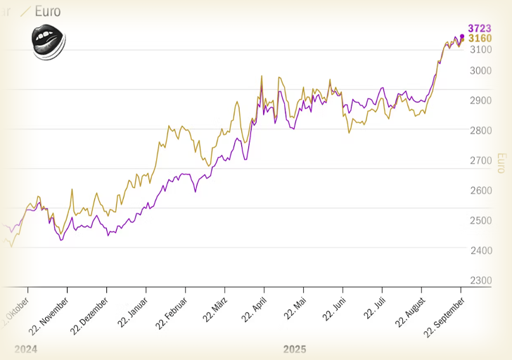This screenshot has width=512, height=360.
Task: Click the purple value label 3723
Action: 480,28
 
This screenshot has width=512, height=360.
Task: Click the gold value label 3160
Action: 480,38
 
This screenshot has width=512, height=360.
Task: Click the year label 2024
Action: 25,349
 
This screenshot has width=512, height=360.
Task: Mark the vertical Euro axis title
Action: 501,163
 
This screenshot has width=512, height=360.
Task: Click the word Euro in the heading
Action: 47,11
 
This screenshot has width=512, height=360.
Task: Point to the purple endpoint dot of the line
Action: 462,37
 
